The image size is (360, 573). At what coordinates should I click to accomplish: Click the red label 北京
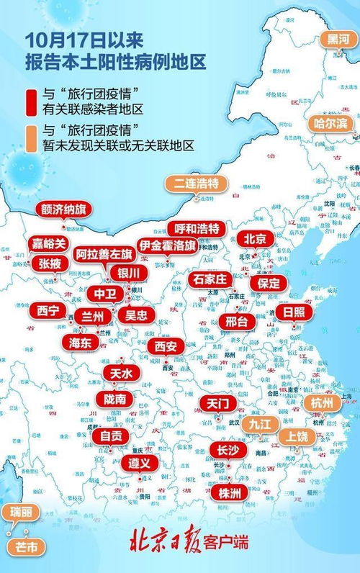[x=255, y=238]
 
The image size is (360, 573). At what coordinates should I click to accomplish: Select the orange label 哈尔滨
[x=330, y=123]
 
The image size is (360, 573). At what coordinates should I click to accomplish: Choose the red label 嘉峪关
[x=49, y=243]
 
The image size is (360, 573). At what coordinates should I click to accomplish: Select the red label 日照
[x=292, y=312]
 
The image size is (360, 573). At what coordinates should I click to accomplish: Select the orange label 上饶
[x=297, y=436]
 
